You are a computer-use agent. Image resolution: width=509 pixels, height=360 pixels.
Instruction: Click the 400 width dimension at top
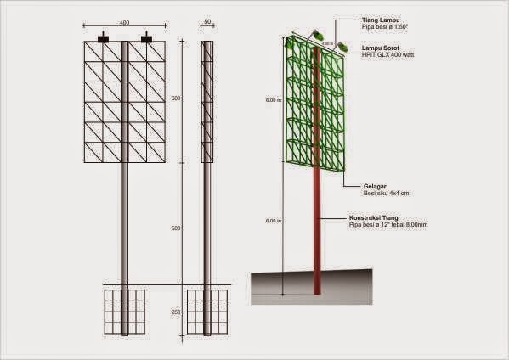125,23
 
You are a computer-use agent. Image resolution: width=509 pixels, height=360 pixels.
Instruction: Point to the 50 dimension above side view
208,23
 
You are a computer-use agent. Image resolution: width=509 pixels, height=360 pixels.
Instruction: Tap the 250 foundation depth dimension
177,312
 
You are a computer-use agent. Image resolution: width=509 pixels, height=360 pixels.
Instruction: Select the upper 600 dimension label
177,98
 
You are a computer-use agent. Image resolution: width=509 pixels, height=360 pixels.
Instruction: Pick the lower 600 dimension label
177,228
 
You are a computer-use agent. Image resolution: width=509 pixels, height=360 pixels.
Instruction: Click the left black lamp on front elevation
104,37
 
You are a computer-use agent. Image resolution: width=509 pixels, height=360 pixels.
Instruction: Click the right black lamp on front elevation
146,37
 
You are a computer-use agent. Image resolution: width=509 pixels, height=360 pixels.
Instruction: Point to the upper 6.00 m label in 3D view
272,100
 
